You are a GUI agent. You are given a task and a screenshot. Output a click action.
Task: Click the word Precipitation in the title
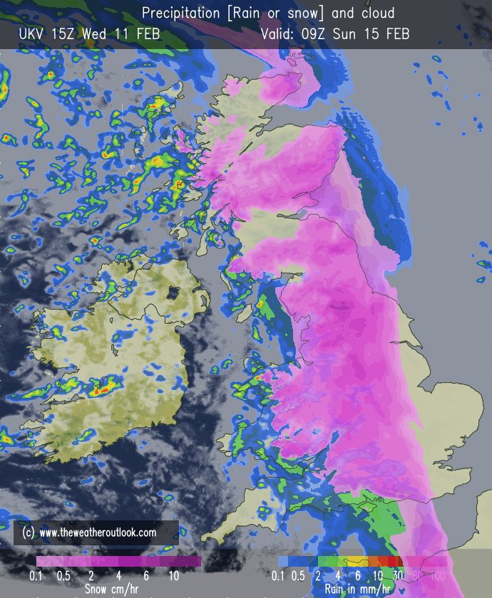pyautogui.click(x=182, y=12)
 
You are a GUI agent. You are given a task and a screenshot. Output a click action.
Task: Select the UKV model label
pyautogui.click(x=33, y=34)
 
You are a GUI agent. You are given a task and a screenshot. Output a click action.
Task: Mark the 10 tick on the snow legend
pyautogui.click(x=174, y=575)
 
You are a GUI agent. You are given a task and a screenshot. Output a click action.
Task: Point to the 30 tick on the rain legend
pyautogui.click(x=397, y=575)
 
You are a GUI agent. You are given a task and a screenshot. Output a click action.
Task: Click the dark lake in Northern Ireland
pyautogui.click(x=172, y=290)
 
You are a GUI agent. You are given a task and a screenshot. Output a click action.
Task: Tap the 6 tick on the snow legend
pyautogui.click(x=147, y=575)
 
